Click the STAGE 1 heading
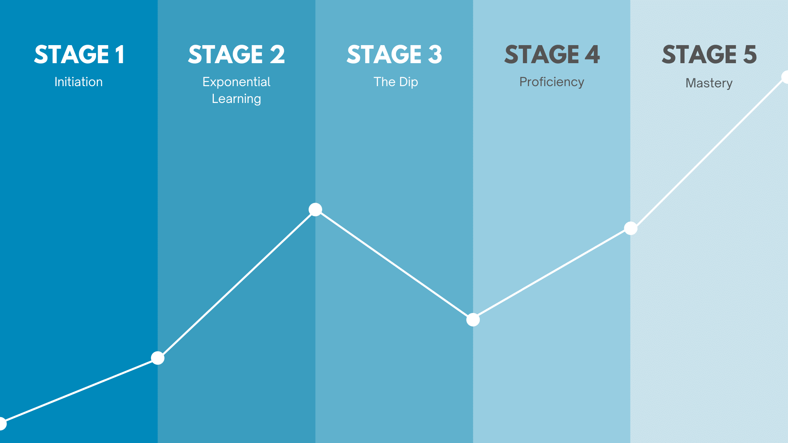[x=79, y=55]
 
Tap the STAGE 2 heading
[x=236, y=55]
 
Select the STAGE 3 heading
[x=394, y=55]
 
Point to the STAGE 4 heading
[x=552, y=55]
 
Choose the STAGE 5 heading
[x=709, y=55]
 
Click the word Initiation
[x=79, y=82]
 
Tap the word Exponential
[x=236, y=82]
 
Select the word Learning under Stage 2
[x=236, y=99]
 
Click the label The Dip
[x=396, y=82]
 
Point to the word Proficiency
[x=552, y=82]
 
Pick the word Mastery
[x=709, y=83]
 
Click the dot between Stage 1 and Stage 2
[x=158, y=358]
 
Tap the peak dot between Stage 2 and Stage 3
[x=315, y=210]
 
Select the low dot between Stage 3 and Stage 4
[x=473, y=320]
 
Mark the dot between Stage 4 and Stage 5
[x=630, y=228]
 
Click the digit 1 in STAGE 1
[x=120, y=55]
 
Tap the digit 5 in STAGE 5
[x=750, y=55]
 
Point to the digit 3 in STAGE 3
[x=435, y=55]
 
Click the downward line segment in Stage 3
[x=394, y=265]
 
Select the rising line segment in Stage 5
[x=708, y=153]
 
